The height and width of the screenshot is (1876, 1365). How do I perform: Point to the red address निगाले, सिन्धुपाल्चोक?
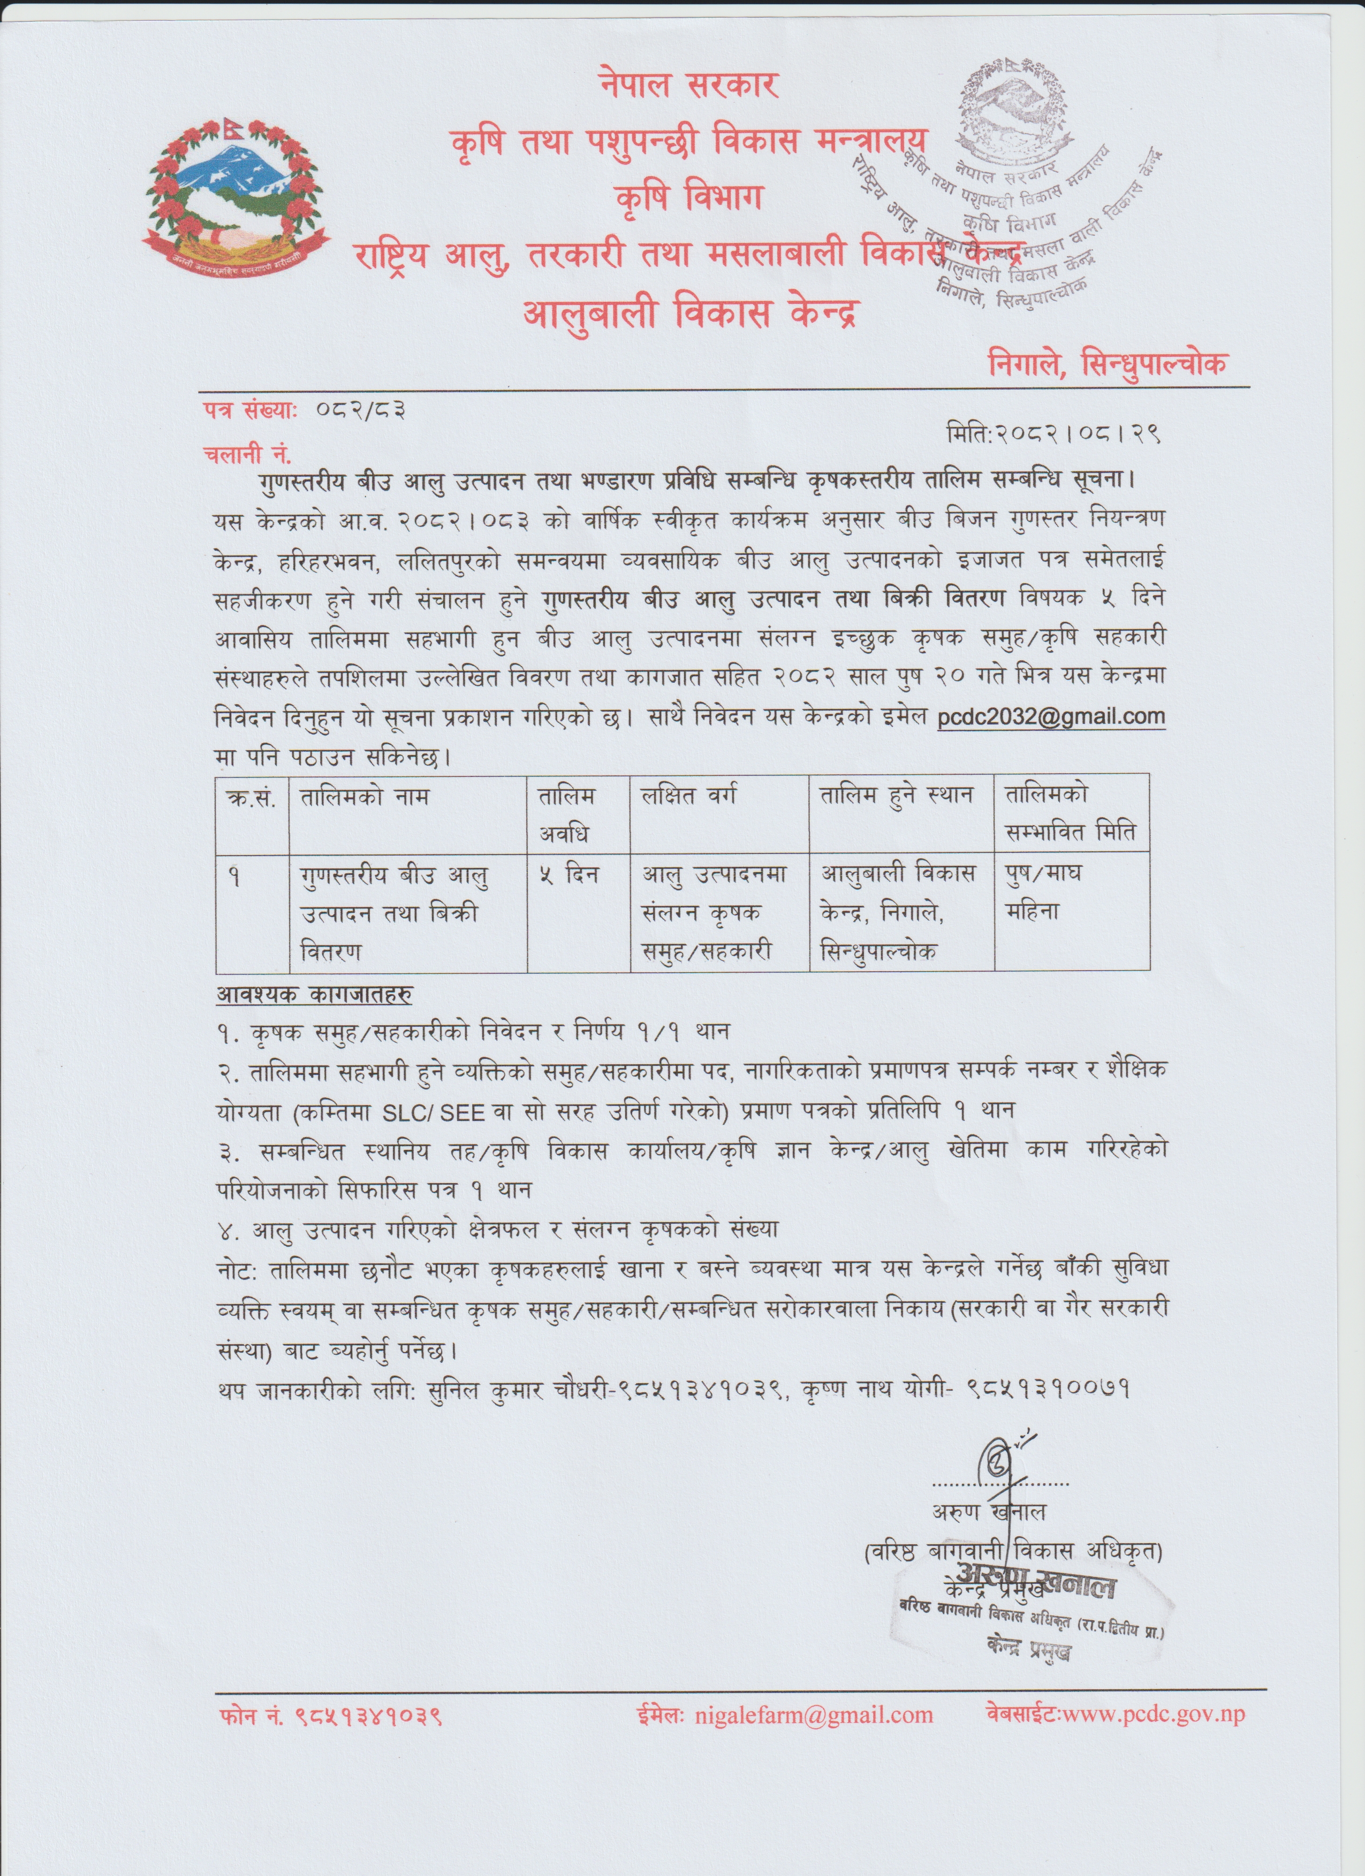point(1108,363)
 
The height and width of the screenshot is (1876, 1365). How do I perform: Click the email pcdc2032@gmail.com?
point(1051,716)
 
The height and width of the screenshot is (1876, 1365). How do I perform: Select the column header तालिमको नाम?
point(365,797)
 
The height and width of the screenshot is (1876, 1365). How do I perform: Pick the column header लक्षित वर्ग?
point(689,797)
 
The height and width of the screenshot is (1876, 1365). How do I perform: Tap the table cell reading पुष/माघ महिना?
point(1044,894)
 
